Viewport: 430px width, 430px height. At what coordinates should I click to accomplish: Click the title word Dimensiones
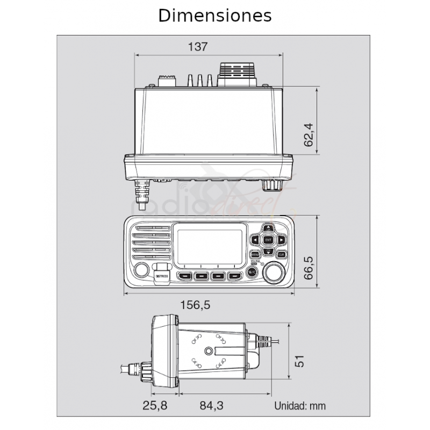(214, 16)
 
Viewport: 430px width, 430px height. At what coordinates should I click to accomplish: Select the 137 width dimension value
(198, 46)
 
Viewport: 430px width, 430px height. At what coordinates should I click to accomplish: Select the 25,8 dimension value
(156, 406)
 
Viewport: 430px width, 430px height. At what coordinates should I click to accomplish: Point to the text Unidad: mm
(299, 406)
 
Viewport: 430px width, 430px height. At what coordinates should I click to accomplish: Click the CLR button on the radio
(281, 254)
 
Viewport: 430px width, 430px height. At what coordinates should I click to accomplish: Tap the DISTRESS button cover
(162, 273)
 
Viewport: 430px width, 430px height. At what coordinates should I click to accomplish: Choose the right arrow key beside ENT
(281, 240)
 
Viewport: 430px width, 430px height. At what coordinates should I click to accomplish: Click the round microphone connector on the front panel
(140, 271)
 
